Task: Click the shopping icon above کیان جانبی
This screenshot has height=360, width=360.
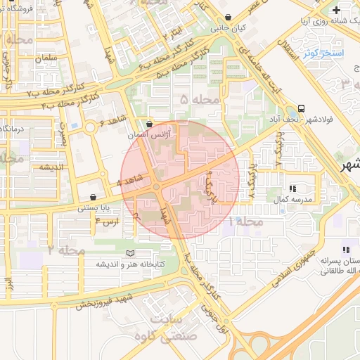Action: [228, 18]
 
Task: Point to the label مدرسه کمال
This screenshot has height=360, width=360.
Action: [292, 200]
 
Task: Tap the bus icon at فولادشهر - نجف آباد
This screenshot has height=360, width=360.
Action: [301, 108]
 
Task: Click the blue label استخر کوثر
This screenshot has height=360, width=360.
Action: [324, 53]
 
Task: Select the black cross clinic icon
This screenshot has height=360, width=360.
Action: [336, 10]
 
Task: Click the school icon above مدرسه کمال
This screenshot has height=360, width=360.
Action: [292, 188]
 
